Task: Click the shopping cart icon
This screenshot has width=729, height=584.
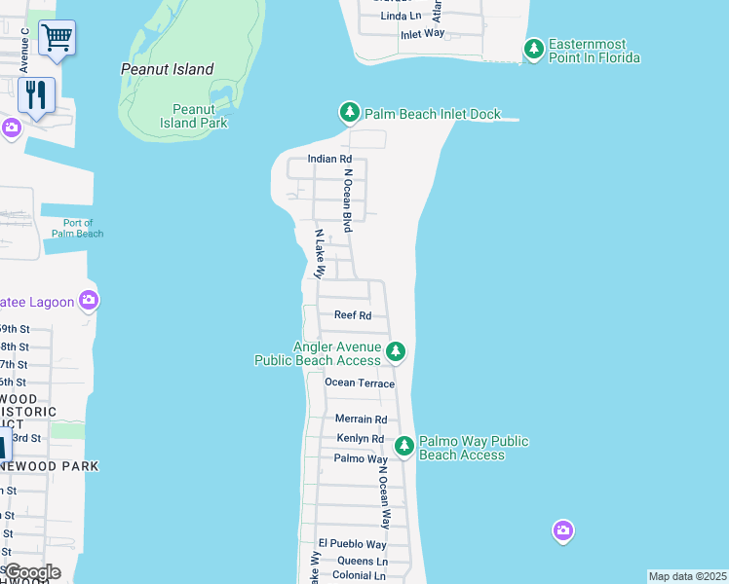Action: pos(57,38)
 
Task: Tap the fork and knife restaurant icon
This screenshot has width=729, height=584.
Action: pos(36,94)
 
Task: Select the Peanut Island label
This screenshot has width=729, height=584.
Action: pos(167,69)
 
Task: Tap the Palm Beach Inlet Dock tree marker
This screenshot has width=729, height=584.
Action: pos(350,113)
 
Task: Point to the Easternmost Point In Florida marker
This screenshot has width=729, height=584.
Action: pos(533,48)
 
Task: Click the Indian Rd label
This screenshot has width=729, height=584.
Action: pos(329,159)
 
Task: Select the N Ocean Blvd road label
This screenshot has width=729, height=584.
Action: pos(347,200)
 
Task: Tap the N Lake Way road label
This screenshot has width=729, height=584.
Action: pos(320,254)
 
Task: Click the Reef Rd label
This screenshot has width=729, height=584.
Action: pos(353,315)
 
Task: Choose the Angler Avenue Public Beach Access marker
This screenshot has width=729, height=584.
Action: pos(395,351)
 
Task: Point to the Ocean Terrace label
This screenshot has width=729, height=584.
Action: pos(360,383)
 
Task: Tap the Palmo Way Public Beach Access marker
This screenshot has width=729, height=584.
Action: pos(404,446)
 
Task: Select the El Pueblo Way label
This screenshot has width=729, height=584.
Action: pos(352,543)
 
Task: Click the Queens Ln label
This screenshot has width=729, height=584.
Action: pos(362,561)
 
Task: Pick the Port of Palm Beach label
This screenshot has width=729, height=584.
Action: pos(77,228)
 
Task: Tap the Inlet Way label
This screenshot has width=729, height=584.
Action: pos(422,34)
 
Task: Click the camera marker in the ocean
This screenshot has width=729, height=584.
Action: pos(562,530)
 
